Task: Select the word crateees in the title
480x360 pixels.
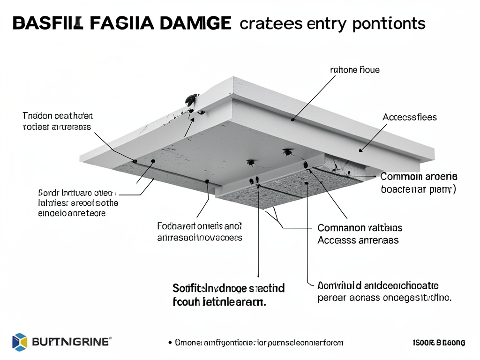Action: [x=271, y=23]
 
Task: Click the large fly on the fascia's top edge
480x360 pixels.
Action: [x=191, y=99]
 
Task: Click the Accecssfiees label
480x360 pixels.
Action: [x=410, y=117]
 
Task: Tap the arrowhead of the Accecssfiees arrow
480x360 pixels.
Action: [x=360, y=150]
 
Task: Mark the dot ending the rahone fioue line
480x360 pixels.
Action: [x=293, y=120]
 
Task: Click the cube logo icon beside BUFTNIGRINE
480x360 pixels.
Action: [x=19, y=342]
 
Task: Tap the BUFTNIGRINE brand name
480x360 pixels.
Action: [x=70, y=342]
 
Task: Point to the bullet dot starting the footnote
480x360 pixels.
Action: [x=169, y=343]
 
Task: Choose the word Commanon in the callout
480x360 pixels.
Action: [x=341, y=228]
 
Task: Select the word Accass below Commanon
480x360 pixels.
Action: [x=333, y=240]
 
